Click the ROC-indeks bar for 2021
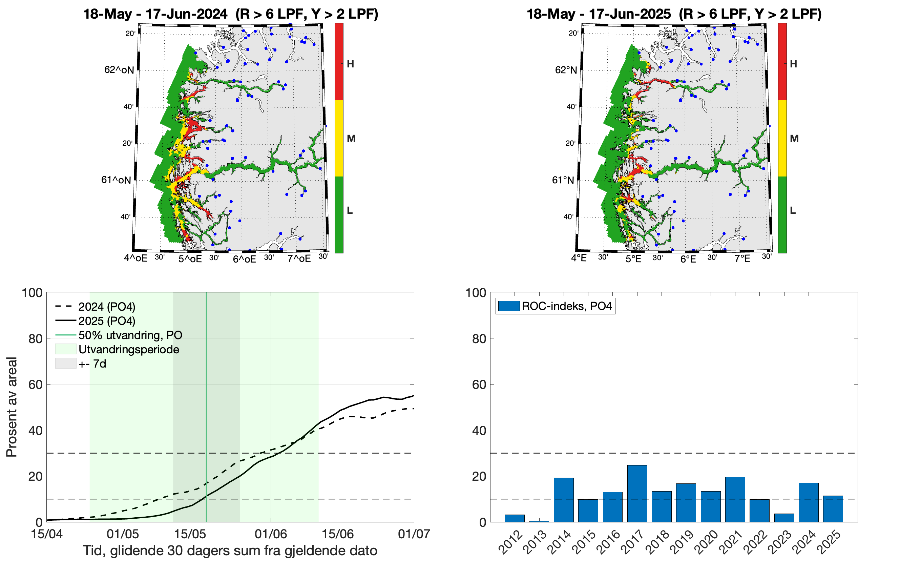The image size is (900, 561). pyautogui.click(x=735, y=499)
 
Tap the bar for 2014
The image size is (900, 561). pyautogui.click(x=564, y=500)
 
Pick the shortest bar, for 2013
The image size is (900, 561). pyautogui.click(x=539, y=521)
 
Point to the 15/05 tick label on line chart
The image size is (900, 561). pyautogui.click(x=190, y=534)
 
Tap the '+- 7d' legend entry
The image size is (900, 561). pyautogui.click(x=92, y=363)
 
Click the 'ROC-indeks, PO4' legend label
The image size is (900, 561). pyautogui.click(x=566, y=306)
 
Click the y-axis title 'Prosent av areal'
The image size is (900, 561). pyautogui.click(x=12, y=407)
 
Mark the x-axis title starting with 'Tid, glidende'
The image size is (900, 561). pyautogui.click(x=230, y=550)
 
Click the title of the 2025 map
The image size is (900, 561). pyautogui.click(x=674, y=14)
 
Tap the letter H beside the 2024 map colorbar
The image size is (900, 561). pyautogui.click(x=350, y=64)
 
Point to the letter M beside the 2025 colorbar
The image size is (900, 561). pyautogui.click(x=794, y=139)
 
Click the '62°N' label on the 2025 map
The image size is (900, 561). pyautogui.click(x=566, y=70)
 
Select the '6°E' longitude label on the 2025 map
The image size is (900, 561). pyautogui.click(x=688, y=259)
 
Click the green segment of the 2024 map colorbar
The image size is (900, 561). pyautogui.click(x=339, y=214)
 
